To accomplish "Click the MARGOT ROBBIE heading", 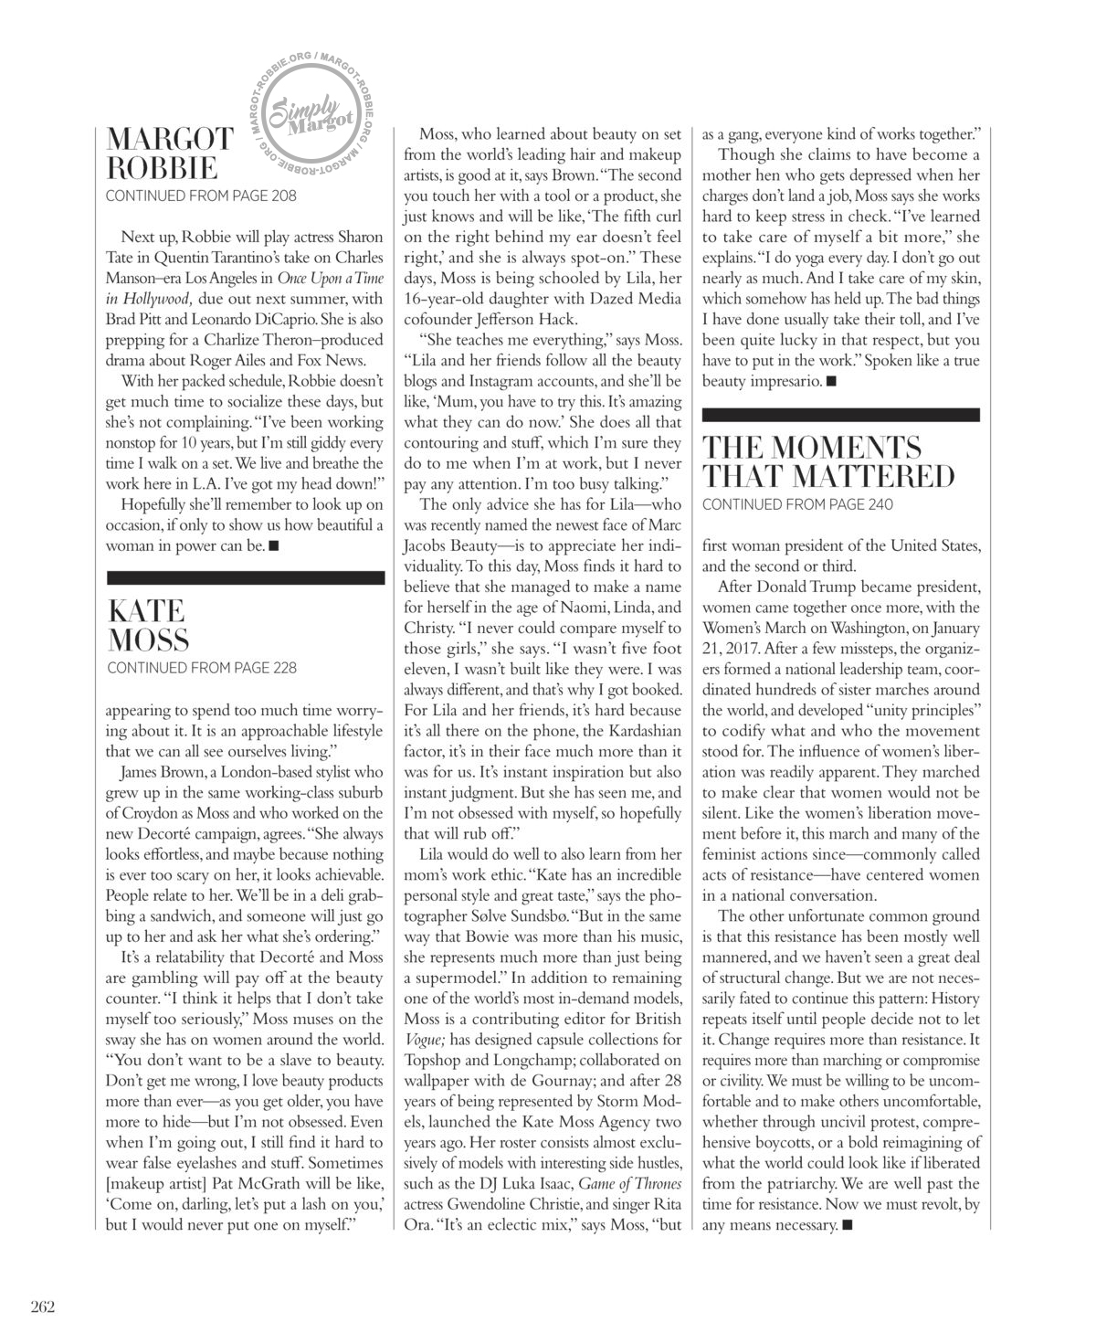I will [170, 153].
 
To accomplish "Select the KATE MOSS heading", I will [148, 625].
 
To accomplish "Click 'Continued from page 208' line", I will [201, 196].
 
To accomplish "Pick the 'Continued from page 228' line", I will [202, 668].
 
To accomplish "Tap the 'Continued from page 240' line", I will [797, 504].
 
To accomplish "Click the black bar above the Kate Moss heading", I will [246, 577].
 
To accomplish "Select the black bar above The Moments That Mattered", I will [840, 415].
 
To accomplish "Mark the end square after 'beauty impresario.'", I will [830, 381].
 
